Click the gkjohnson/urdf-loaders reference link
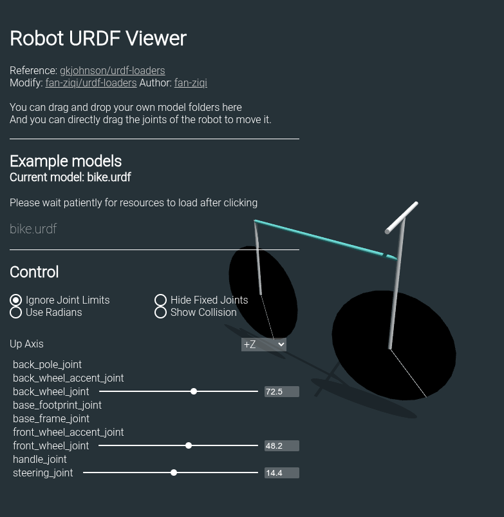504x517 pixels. [112, 70]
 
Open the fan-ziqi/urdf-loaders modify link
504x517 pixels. [91, 83]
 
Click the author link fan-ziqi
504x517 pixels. [191, 83]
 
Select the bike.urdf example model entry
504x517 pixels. [33, 229]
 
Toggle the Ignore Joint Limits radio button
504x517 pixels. [16, 300]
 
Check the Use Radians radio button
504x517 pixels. [16, 313]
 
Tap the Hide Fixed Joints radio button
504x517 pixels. [161, 300]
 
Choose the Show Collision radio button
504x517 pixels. [161, 313]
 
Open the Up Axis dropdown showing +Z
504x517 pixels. [263, 344]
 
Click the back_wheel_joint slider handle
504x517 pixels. [194, 391]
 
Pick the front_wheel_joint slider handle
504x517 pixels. [189, 445]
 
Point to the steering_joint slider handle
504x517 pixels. [174, 473]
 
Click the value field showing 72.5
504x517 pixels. [281, 391]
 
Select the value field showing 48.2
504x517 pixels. [281, 445]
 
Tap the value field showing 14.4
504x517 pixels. [281, 473]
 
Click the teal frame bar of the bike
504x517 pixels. [322, 239]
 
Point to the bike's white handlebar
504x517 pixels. [402, 218]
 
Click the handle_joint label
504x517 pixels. [40, 459]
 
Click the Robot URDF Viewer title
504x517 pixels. [98, 39]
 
